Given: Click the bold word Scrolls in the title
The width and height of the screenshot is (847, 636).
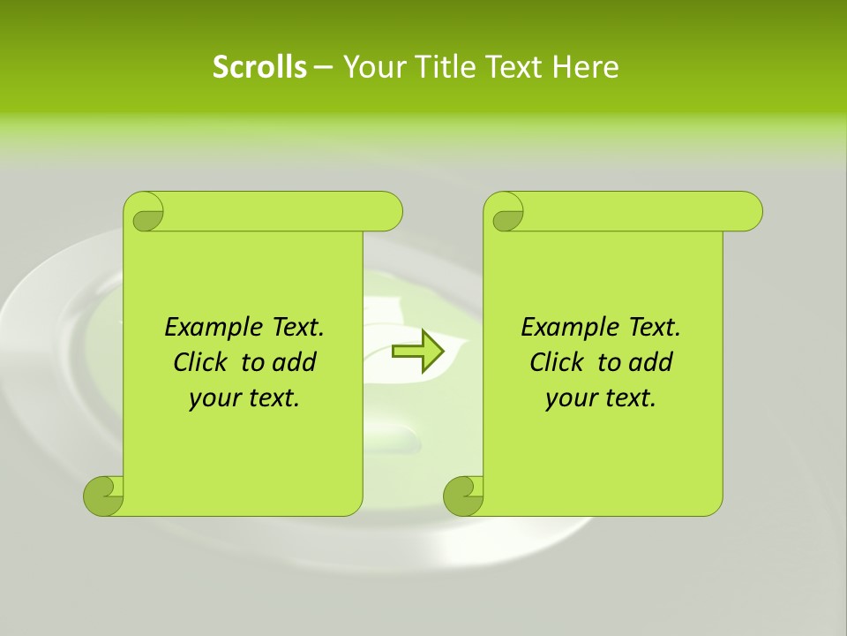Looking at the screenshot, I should pyautogui.click(x=259, y=67).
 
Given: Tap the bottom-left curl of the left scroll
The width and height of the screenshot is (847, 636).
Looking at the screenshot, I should pyautogui.click(x=104, y=495).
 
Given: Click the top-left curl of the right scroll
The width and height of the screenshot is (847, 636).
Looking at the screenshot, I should pyautogui.click(x=506, y=213).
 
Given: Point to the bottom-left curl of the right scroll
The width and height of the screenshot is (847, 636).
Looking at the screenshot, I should pyautogui.click(x=464, y=495).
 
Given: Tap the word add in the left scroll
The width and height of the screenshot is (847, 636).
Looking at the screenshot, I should pyautogui.click(x=294, y=363).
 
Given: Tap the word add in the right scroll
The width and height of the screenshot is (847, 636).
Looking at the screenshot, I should pyautogui.click(x=650, y=363).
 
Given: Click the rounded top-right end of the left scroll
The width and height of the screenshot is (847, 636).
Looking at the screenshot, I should pyautogui.click(x=386, y=211).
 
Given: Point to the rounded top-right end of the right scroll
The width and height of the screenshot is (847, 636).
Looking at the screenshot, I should pyautogui.click(x=746, y=211).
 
